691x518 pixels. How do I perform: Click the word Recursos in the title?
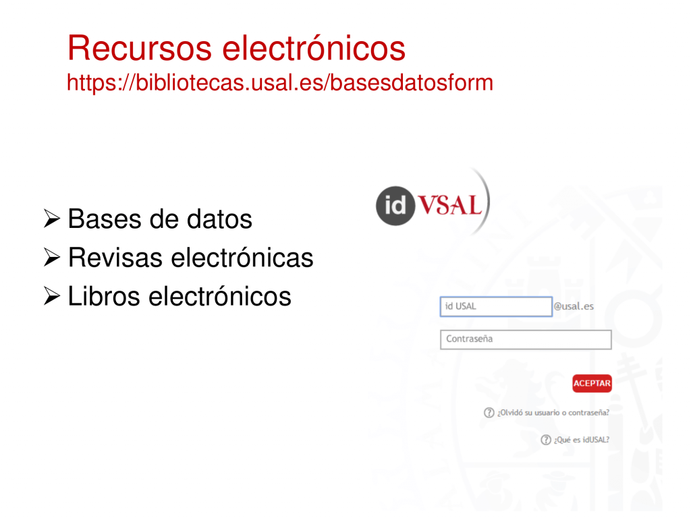pos(140,48)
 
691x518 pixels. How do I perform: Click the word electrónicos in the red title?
pos(314,48)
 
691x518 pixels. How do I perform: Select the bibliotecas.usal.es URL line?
pos(280,83)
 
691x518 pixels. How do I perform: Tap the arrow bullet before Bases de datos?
pos(51,219)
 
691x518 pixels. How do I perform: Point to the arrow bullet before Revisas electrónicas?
pos(51,257)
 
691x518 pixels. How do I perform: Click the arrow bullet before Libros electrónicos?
pos(51,295)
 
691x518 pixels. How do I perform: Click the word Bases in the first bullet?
pos(105,219)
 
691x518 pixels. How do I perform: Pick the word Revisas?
pos(115,257)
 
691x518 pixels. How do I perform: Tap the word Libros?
pos(104,295)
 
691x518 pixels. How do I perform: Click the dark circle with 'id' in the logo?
pos(395,206)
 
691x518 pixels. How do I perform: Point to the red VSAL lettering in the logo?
pos(450,205)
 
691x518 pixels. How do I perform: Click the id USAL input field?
pos(496,307)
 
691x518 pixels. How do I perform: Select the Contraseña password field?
pos(526,340)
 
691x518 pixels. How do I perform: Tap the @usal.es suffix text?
pos(574,306)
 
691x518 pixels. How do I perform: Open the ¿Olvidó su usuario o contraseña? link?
pos(553,413)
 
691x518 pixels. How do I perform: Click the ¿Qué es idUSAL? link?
pos(581,440)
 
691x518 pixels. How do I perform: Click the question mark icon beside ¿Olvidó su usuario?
pos(489,413)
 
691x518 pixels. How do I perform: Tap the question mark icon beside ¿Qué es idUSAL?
pos(545,440)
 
